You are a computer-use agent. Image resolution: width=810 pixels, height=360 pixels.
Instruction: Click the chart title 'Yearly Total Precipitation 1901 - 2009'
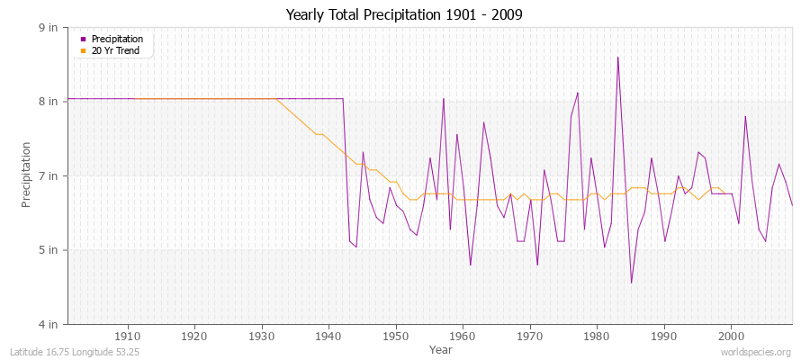pyautogui.click(x=404, y=14)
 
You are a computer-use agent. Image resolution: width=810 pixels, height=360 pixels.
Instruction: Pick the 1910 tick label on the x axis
pyautogui.click(x=127, y=337)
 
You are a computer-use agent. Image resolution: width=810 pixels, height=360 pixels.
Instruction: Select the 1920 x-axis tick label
pyautogui.click(x=194, y=337)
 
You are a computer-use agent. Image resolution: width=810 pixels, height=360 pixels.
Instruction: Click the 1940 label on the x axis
pyautogui.click(x=328, y=337)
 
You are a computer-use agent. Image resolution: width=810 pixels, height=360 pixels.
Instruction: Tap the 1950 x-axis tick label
pyautogui.click(x=395, y=337)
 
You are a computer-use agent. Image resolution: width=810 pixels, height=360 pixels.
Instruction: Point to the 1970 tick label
pyautogui.click(x=529, y=337)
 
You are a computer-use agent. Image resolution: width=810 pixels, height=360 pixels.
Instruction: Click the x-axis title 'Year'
pyautogui.click(x=441, y=349)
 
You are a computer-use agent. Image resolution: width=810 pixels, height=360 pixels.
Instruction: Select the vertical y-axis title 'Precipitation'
pyautogui.click(x=28, y=175)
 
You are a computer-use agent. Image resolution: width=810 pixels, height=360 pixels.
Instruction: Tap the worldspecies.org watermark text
pyautogui.click(x=757, y=352)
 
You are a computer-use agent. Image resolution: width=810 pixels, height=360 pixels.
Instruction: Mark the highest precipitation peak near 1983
pyautogui.click(x=617, y=58)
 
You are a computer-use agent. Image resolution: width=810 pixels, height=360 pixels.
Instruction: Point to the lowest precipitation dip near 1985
pyautogui.click(x=631, y=283)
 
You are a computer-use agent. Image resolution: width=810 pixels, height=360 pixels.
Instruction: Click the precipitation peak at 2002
pyautogui.click(x=745, y=116)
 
